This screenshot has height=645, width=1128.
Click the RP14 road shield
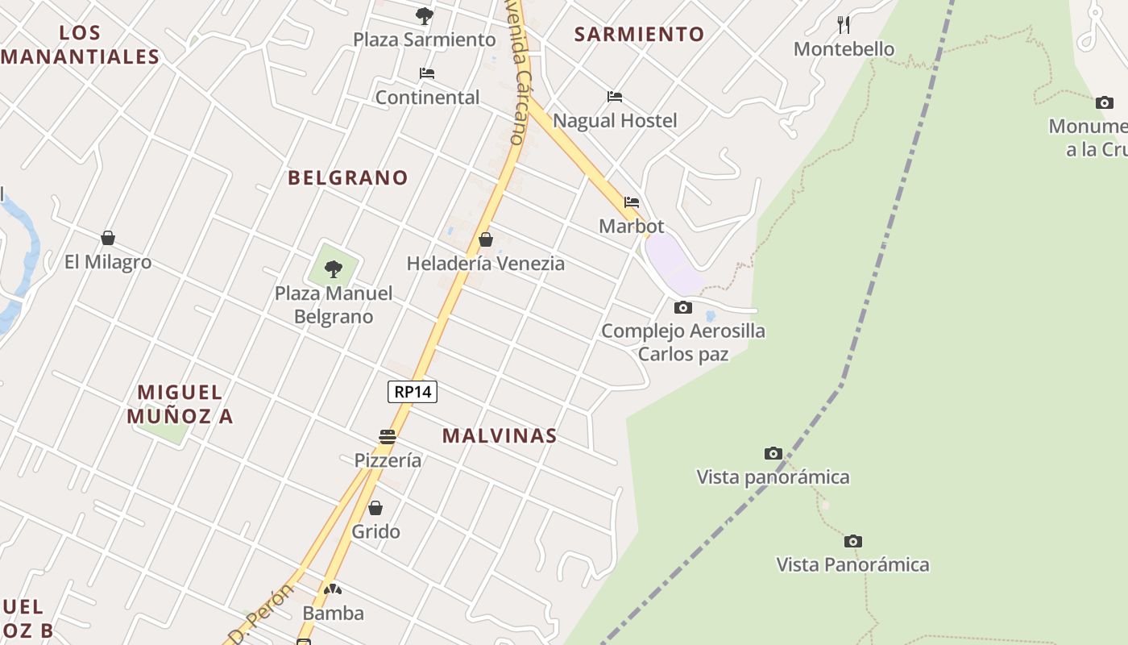click(x=413, y=392)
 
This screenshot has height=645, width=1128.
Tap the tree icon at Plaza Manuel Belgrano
click(x=334, y=269)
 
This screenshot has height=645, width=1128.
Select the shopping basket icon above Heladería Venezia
click(x=486, y=239)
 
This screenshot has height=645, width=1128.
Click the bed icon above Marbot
click(x=632, y=202)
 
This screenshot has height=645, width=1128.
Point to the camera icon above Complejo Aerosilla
click(x=683, y=307)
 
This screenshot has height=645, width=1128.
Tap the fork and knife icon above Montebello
click(x=844, y=24)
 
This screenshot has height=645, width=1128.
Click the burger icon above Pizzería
click(x=388, y=437)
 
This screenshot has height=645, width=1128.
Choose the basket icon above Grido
click(x=375, y=508)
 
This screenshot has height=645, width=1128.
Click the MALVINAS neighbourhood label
click(x=500, y=436)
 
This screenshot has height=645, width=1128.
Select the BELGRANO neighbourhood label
click(x=348, y=178)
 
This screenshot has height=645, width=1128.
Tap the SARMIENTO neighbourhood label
click(x=639, y=34)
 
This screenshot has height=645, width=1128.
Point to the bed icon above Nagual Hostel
click(x=615, y=97)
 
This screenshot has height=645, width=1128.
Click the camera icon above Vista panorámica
click(x=773, y=453)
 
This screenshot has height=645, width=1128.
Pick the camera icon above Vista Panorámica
click(x=853, y=541)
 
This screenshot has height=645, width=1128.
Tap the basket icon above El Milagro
click(x=108, y=238)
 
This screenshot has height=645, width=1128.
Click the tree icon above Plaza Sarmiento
click(x=425, y=15)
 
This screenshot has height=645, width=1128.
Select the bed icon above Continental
click(x=427, y=73)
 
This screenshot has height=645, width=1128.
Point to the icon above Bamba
click(x=333, y=589)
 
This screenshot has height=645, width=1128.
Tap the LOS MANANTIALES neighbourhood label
click(x=81, y=45)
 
